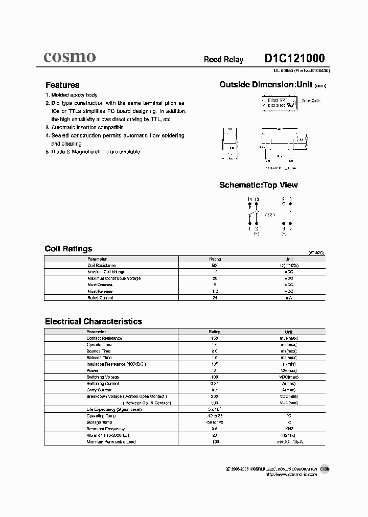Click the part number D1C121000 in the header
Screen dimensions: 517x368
(x=294, y=58)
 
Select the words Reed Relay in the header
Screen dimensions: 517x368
(x=223, y=60)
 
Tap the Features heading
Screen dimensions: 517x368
(x=62, y=85)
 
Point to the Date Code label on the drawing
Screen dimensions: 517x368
(x=311, y=101)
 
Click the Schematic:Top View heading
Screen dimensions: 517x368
(x=258, y=185)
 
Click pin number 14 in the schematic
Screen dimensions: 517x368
(x=249, y=199)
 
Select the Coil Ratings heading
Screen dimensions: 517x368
(x=68, y=249)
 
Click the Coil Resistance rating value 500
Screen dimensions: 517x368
(x=215, y=266)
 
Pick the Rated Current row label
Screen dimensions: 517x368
(x=100, y=297)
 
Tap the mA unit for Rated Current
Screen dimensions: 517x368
(x=289, y=297)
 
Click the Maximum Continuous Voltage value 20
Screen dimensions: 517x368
(x=215, y=278)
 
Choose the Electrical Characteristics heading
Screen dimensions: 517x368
(x=94, y=321)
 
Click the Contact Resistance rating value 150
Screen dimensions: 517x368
(x=215, y=338)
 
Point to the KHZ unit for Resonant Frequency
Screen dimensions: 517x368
(x=289, y=429)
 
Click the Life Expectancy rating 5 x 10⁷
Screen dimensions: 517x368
(x=214, y=409)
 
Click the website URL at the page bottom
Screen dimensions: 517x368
(x=291, y=475)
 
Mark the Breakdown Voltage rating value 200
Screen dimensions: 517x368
(x=215, y=396)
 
